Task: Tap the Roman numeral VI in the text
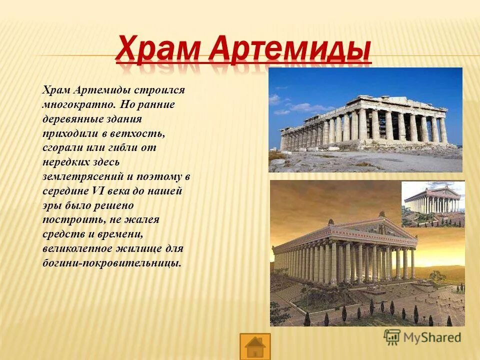click(97, 191)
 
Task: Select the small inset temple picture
click(433, 203)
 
